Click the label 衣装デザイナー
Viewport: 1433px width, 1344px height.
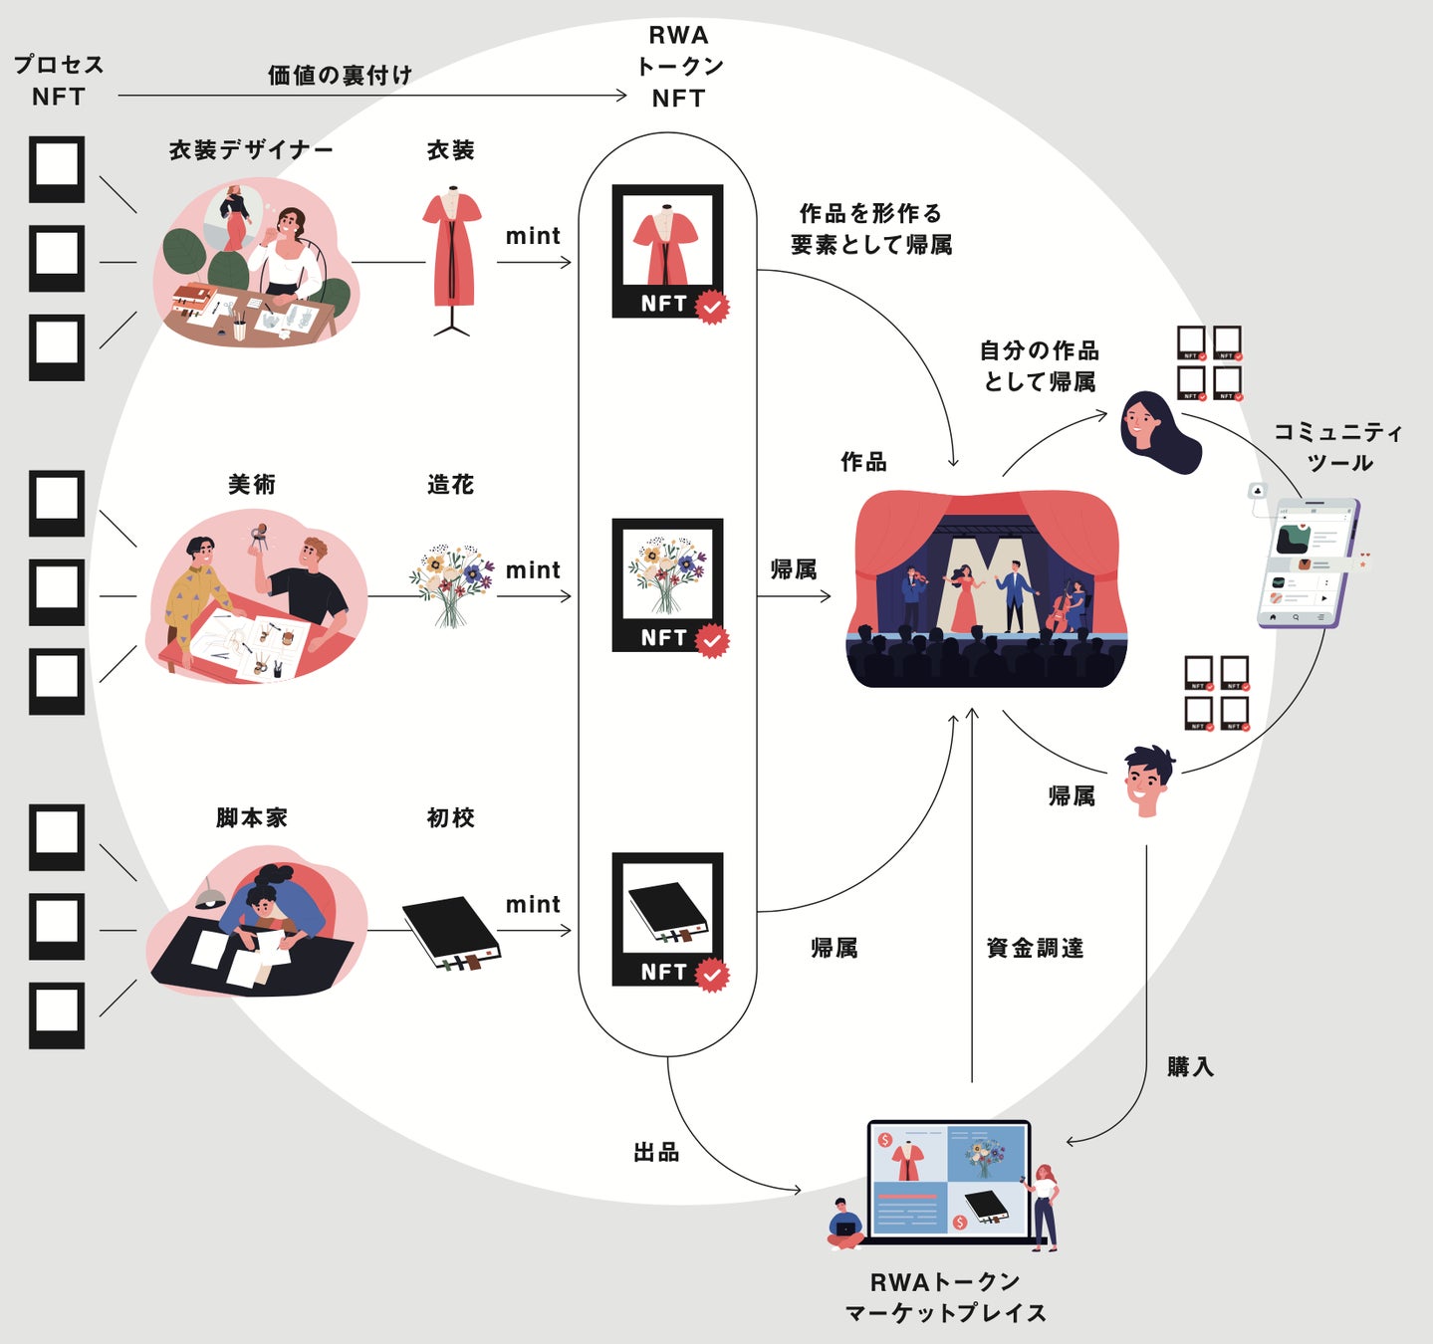tap(251, 150)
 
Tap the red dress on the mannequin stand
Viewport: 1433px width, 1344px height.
tap(452, 252)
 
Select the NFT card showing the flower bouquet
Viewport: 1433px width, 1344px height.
tap(667, 584)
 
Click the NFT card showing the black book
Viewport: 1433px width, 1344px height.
tap(667, 919)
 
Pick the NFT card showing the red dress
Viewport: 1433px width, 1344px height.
tap(667, 251)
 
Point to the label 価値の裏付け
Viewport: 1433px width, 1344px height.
tap(340, 75)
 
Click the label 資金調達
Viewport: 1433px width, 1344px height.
tap(1035, 948)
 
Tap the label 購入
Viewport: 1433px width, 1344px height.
tap(1190, 1067)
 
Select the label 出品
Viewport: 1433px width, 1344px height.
tap(656, 1152)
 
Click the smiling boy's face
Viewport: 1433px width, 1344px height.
tap(1146, 782)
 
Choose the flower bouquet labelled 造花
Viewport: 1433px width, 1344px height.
tap(451, 582)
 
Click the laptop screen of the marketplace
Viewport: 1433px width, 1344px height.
tap(947, 1181)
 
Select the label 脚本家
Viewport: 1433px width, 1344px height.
tap(252, 818)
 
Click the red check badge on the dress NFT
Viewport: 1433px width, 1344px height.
tap(712, 307)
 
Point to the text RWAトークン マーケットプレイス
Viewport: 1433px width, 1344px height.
tap(945, 1297)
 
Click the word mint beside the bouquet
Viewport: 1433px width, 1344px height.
tap(533, 570)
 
